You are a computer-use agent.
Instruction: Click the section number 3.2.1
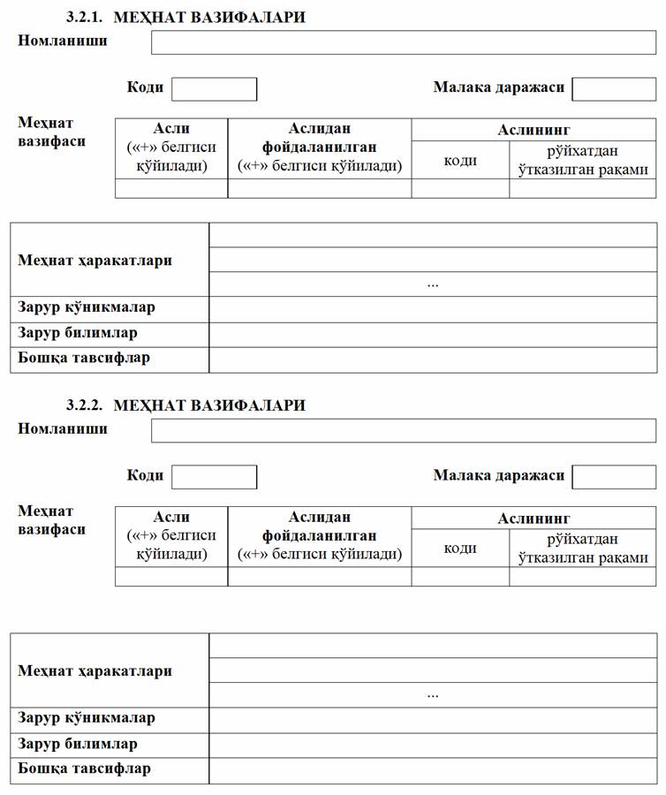[85, 18]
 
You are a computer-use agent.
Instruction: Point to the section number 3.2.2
[85, 405]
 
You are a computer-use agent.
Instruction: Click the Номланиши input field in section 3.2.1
[404, 42]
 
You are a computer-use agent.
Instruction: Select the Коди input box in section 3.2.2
[214, 477]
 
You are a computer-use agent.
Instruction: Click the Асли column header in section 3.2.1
[171, 129]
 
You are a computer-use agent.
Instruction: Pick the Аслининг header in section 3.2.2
[534, 519]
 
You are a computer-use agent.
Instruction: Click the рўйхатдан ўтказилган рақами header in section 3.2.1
[582, 160]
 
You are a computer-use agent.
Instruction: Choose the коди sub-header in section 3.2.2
[460, 548]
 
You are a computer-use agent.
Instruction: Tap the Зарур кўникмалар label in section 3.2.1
[87, 308]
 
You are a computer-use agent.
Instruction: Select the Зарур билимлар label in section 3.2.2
[78, 744]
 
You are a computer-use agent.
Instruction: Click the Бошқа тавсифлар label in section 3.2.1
[84, 359]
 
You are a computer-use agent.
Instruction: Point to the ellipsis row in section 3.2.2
[433, 694]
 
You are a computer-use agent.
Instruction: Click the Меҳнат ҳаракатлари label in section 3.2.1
[95, 261]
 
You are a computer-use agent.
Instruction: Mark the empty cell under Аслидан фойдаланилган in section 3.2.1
[319, 188]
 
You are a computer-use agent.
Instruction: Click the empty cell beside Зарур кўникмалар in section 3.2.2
[433, 719]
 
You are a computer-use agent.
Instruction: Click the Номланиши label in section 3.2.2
[63, 429]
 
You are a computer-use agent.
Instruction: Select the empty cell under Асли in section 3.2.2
[171, 576]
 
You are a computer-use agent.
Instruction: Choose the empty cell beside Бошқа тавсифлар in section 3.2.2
[433, 769]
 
